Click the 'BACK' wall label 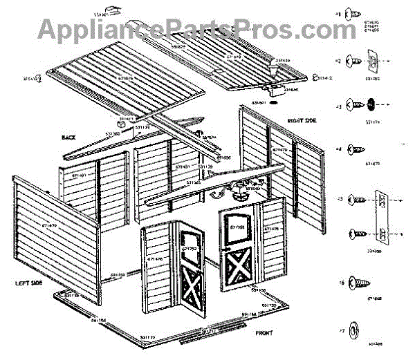pos(68,138)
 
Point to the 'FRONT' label pos(264,333)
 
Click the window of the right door pos(237,227)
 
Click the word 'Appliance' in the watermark pos(97,30)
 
